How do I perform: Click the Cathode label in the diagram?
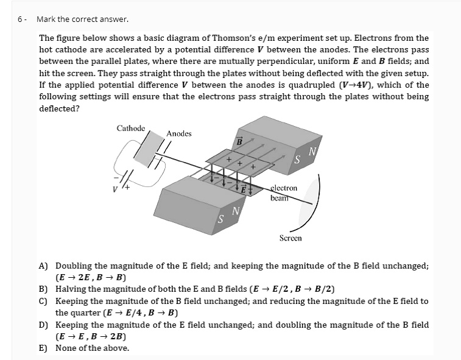tap(131, 128)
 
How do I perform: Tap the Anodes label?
tap(179, 133)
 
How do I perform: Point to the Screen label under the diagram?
tap(290, 238)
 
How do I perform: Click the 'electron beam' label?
tap(284, 192)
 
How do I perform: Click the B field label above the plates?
tap(240, 141)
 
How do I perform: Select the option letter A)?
tap(44, 266)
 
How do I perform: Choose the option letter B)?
tap(44, 289)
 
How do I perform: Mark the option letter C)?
tap(44, 301)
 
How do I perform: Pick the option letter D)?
tap(44, 325)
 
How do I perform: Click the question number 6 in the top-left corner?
tap(19, 19)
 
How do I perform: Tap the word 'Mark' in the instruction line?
tap(46, 19)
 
